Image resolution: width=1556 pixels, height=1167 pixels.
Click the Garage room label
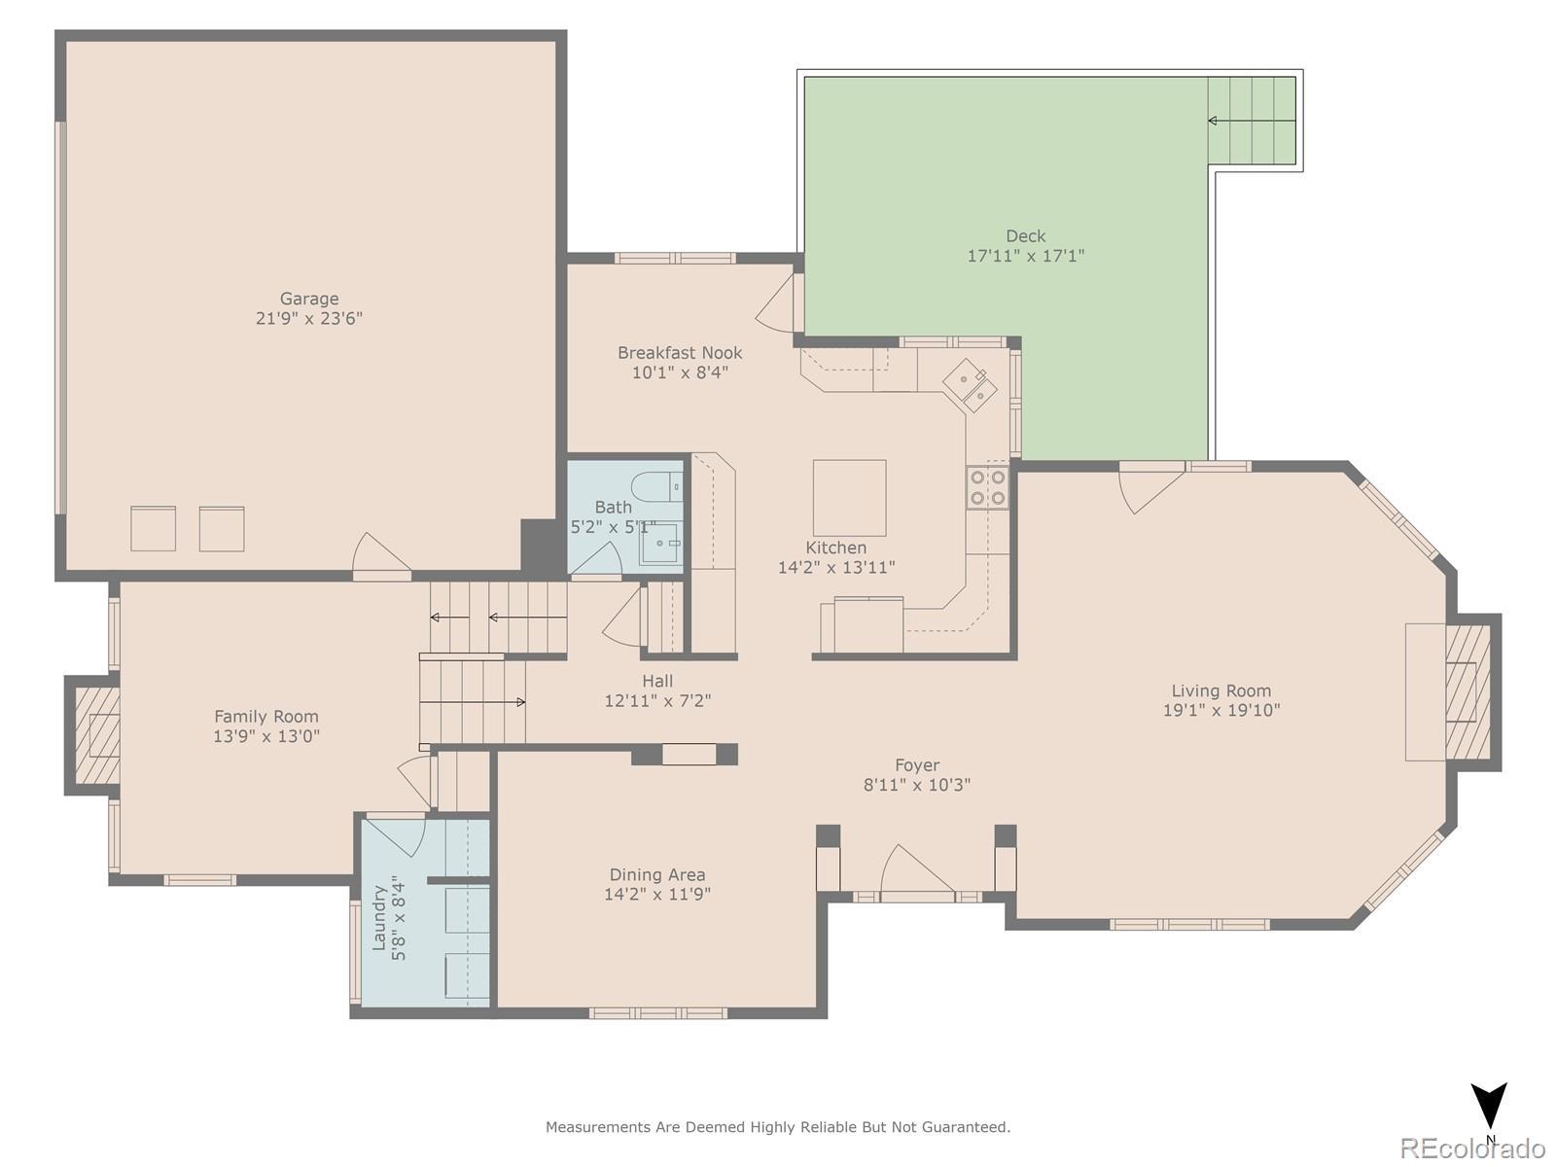point(309,299)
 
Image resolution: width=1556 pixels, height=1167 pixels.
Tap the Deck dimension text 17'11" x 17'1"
point(1026,256)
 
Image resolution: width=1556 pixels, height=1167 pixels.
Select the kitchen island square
point(849,497)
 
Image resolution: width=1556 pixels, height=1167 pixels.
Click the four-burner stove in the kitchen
point(987,487)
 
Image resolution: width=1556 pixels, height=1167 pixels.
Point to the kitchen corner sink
point(970,385)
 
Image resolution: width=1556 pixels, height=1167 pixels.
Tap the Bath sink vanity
point(661,544)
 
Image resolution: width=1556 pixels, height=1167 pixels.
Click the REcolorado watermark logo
point(1472,1147)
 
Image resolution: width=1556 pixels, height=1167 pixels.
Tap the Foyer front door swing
point(917,870)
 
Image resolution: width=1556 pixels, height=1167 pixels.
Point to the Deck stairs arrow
point(1252,121)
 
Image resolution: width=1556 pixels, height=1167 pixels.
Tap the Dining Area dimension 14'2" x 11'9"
point(657,894)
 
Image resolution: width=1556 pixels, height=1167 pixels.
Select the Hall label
point(657,681)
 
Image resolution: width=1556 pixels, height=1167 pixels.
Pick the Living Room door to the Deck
point(1150,487)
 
